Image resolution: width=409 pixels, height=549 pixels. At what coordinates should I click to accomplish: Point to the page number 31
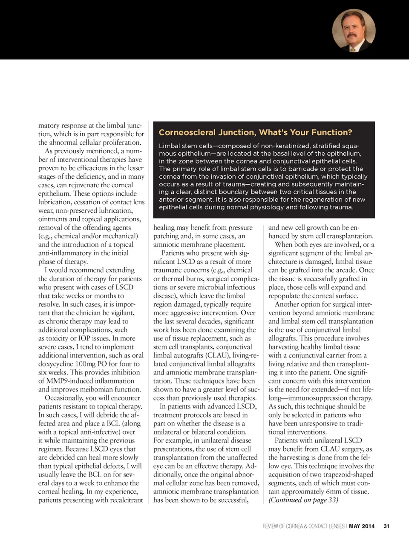(x=386, y=526)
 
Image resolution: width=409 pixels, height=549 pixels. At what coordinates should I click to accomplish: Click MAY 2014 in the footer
(x=362, y=526)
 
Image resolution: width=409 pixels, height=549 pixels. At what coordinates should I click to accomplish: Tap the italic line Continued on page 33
(x=303, y=500)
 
